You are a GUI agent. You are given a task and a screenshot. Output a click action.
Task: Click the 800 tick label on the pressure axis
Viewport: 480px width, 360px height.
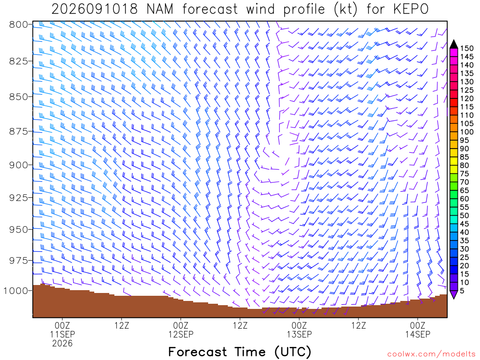coord(19,24)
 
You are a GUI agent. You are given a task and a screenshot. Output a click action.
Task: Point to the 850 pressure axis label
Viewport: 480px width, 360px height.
coord(19,97)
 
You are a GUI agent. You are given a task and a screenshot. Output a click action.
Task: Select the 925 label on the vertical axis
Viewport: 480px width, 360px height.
coord(19,198)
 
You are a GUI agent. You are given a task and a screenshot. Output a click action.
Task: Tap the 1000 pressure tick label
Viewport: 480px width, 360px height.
coord(15,291)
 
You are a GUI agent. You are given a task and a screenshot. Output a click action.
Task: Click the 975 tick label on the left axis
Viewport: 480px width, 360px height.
coord(19,261)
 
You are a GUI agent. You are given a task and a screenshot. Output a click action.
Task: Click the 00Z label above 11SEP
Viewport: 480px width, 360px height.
coord(62,325)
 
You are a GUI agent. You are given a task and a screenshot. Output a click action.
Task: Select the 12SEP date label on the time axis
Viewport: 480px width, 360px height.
coord(180,334)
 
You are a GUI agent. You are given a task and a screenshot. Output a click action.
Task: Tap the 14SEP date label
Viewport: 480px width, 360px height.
coord(418,334)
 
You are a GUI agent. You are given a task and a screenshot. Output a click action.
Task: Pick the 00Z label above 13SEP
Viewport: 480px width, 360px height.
coord(299,325)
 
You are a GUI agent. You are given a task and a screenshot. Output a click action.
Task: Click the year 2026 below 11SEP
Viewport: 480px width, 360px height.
coord(62,344)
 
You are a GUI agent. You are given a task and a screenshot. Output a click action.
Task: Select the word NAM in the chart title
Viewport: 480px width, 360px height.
coord(160,9)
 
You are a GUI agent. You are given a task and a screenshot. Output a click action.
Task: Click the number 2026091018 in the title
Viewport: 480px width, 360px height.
coord(95,9)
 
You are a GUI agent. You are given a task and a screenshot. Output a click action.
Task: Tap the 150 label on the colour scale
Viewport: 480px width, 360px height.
coord(467,48)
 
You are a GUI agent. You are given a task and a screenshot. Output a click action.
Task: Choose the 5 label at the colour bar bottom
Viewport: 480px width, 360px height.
coord(462,291)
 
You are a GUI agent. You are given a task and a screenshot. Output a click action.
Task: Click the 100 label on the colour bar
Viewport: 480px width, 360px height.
coord(467,132)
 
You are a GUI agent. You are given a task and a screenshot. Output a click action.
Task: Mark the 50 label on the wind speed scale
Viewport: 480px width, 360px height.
coord(465,216)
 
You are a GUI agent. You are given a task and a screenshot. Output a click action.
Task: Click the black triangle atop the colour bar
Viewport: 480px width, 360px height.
coord(454,45)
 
